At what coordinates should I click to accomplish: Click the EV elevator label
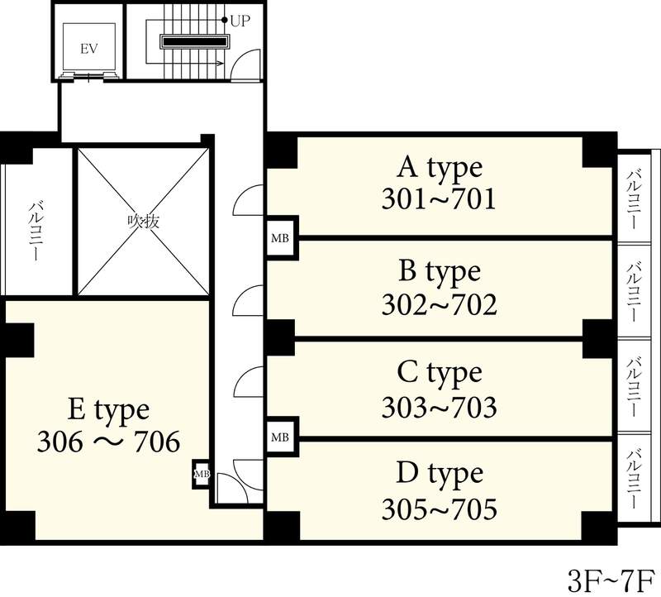point(89,49)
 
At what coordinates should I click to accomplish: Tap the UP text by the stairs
point(240,21)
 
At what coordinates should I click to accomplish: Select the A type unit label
point(440,169)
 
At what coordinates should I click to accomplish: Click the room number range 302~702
point(440,304)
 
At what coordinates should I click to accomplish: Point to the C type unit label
point(440,374)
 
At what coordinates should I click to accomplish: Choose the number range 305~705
point(440,509)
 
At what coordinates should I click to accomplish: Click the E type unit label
point(108,410)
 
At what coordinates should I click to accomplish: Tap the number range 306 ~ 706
point(109,442)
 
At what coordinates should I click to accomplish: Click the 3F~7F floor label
point(611,581)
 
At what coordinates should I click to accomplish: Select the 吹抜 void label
point(144,221)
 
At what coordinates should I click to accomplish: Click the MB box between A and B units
point(280,238)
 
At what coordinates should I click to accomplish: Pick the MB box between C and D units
point(280,437)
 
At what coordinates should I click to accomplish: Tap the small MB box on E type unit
point(202,474)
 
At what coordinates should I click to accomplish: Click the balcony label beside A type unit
point(635,198)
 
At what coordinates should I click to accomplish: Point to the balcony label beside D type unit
point(635,479)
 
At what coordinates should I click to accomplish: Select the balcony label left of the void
point(36,231)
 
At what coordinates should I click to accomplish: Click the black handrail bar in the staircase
point(195,42)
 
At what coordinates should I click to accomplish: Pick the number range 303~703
point(440,407)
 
